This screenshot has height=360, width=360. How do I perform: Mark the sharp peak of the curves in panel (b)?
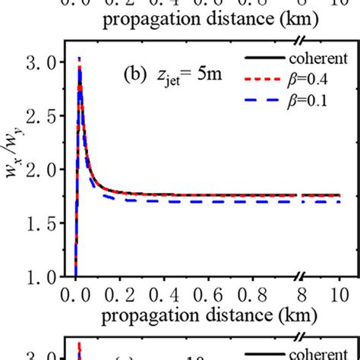click(x=80, y=59)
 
